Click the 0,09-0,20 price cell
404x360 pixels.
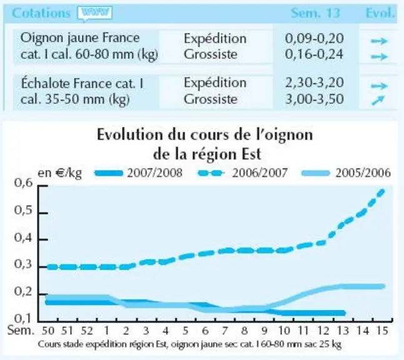314,39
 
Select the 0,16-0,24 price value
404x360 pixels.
314,54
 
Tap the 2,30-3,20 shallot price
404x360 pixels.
315,82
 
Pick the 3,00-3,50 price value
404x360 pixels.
315,99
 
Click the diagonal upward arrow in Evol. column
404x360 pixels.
378,100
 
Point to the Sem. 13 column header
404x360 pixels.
315,13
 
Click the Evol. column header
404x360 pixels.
380,13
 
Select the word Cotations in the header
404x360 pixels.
41,13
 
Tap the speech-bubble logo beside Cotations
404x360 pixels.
95,13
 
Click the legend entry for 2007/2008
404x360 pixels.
139,172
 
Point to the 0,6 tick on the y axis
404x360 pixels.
23,183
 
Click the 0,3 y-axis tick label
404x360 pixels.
23,264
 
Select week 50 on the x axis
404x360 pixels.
48,331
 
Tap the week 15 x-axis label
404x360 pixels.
382,331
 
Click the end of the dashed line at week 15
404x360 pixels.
382,191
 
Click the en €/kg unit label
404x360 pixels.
59,172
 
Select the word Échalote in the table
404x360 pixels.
46,83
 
